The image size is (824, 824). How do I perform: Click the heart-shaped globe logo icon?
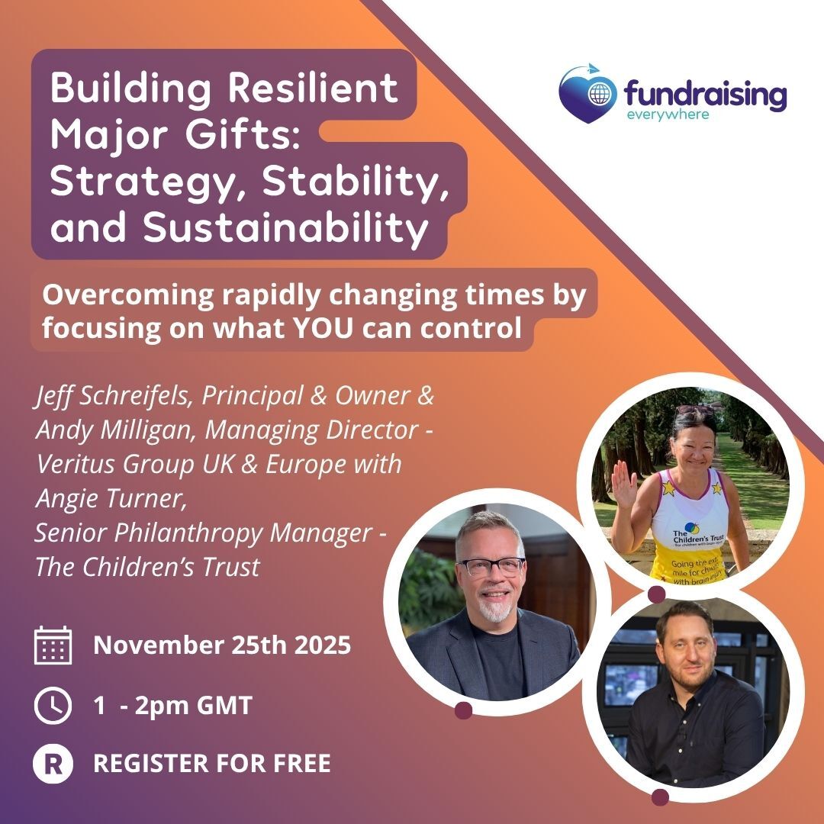pos(587,94)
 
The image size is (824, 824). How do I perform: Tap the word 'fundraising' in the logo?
pos(705,95)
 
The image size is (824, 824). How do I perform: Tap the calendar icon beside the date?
pos(53,645)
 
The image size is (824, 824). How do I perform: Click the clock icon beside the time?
pos(53,705)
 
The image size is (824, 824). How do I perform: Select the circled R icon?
pos(53,764)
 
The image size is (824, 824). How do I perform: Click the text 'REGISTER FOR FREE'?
pos(212,764)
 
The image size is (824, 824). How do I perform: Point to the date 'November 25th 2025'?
pos(222,645)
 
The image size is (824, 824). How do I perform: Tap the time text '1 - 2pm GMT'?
pos(173,705)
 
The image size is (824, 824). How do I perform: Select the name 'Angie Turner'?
pos(111,499)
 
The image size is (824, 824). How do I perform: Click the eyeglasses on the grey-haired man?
pos(491,566)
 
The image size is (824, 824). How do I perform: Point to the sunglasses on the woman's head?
pos(695,409)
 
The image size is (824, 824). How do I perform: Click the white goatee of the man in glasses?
pos(494,610)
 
